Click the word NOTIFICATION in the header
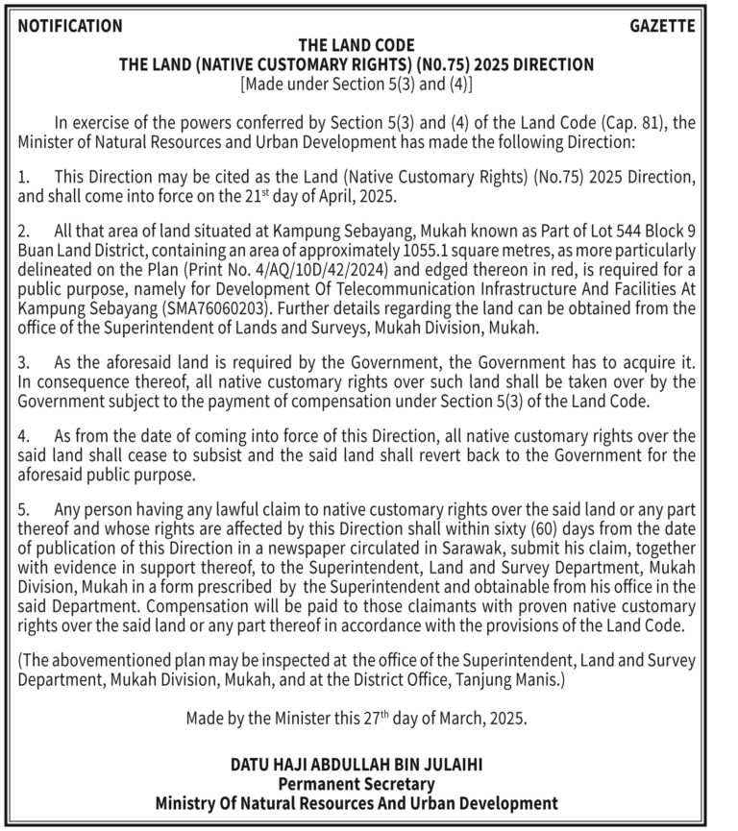point(70,26)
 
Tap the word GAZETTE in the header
point(662,26)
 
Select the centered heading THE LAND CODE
point(356,45)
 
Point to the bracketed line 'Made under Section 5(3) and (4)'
point(356,84)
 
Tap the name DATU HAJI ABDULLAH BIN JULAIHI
point(356,766)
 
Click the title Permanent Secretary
point(356,784)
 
